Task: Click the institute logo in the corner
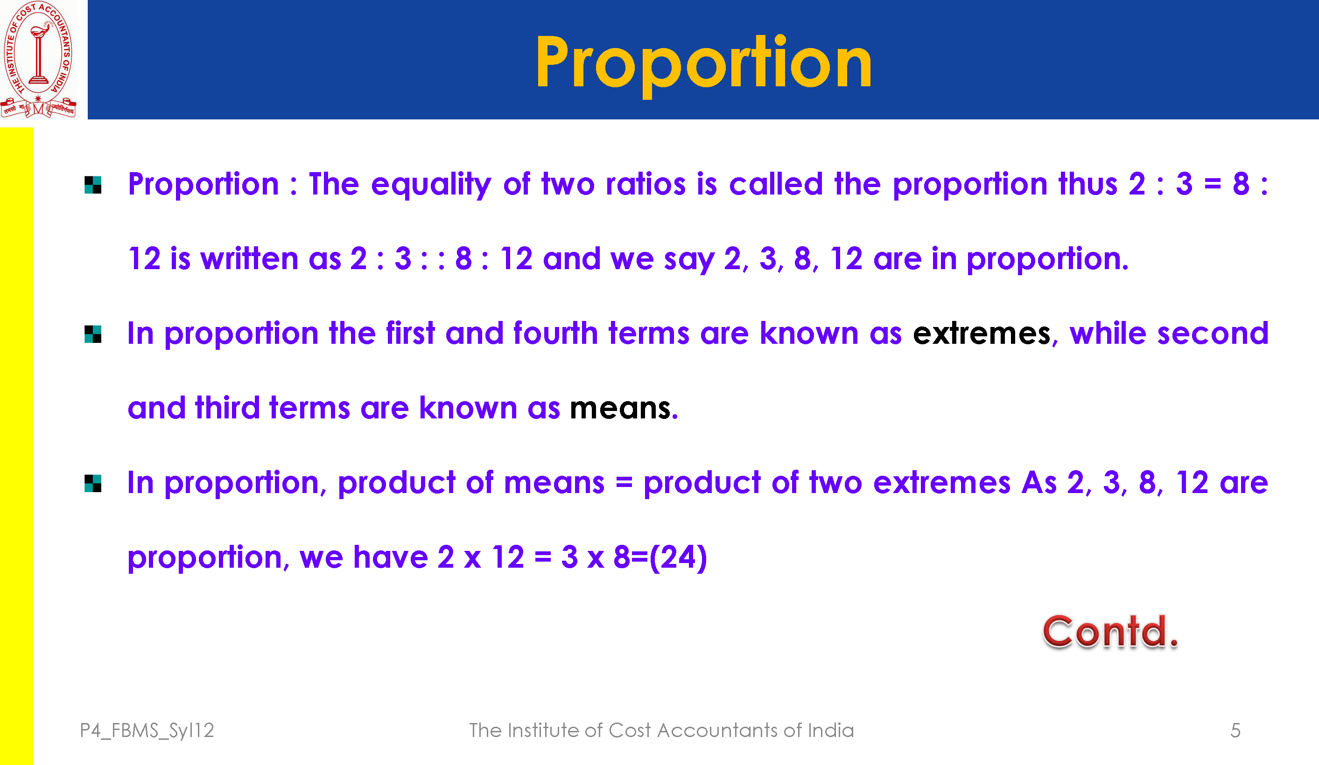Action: [38, 59]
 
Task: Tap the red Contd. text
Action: [1110, 632]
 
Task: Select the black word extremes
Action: [982, 334]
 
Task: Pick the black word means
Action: [620, 408]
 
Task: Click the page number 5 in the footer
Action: [1235, 730]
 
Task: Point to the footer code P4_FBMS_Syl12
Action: [147, 731]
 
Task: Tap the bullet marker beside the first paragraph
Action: [92, 185]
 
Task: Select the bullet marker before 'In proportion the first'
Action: [92, 334]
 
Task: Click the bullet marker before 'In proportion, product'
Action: [92, 483]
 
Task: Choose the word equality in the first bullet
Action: [431, 185]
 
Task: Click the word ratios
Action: [645, 184]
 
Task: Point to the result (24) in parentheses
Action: [678, 557]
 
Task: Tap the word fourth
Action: [555, 334]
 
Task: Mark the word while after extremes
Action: [1108, 334]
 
